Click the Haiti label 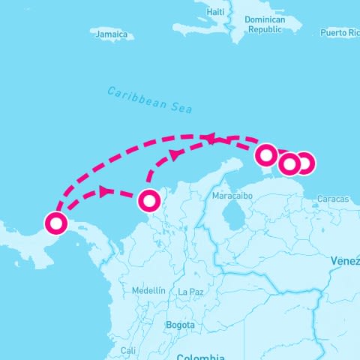coord(215,12)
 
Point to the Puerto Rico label coord(340,33)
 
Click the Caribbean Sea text coord(149,100)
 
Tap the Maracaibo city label coord(230,195)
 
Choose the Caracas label coord(333,199)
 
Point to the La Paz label coord(191,291)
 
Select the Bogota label coord(180,325)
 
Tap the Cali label coord(127,350)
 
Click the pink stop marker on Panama coord(55,223)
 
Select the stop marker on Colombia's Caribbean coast coord(149,200)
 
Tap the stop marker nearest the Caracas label coord(304,163)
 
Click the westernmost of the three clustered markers coord(266,155)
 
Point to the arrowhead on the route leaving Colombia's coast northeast coord(175,155)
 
